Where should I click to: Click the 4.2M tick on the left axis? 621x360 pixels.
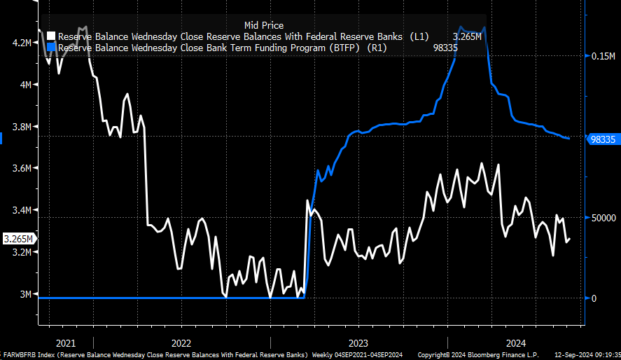tap(22, 43)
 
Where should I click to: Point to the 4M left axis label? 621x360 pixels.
tap(25, 85)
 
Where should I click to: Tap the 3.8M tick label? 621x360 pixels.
tap(22, 127)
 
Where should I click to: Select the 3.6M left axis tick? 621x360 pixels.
tap(22, 168)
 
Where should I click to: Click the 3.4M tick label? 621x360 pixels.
tap(22, 210)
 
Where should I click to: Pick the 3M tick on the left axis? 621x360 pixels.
tap(25, 294)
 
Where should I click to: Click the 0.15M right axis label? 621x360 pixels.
tap(602, 57)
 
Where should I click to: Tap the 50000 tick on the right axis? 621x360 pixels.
tap(602, 218)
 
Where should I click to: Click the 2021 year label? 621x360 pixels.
tap(65, 343)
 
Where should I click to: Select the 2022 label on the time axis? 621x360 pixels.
tap(181, 343)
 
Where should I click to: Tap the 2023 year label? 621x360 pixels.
tap(358, 343)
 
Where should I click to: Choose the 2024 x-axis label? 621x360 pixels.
tap(516, 343)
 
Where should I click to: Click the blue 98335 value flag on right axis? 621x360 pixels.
tap(603, 139)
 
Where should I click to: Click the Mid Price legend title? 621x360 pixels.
tap(264, 25)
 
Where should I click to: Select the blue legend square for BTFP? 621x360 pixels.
tap(51, 48)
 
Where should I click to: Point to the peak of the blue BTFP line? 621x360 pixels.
tap(484, 47)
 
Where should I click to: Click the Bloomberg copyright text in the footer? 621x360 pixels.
tap(466, 355)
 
